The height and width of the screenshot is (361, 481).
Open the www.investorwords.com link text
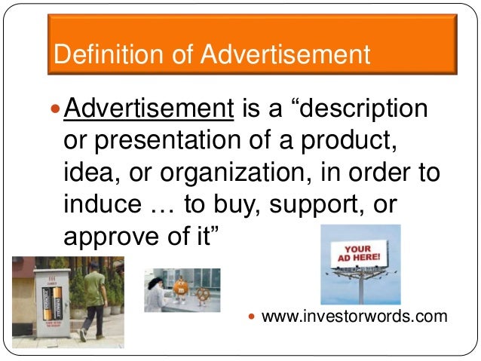[354, 317]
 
